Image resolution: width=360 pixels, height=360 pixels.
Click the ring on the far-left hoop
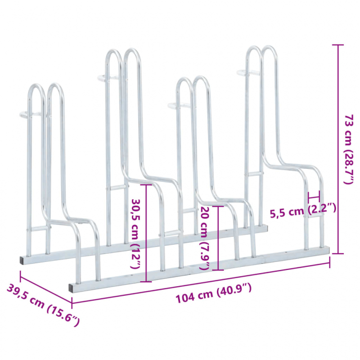click(32, 114)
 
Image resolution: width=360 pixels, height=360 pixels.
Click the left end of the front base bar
click(72, 286)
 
